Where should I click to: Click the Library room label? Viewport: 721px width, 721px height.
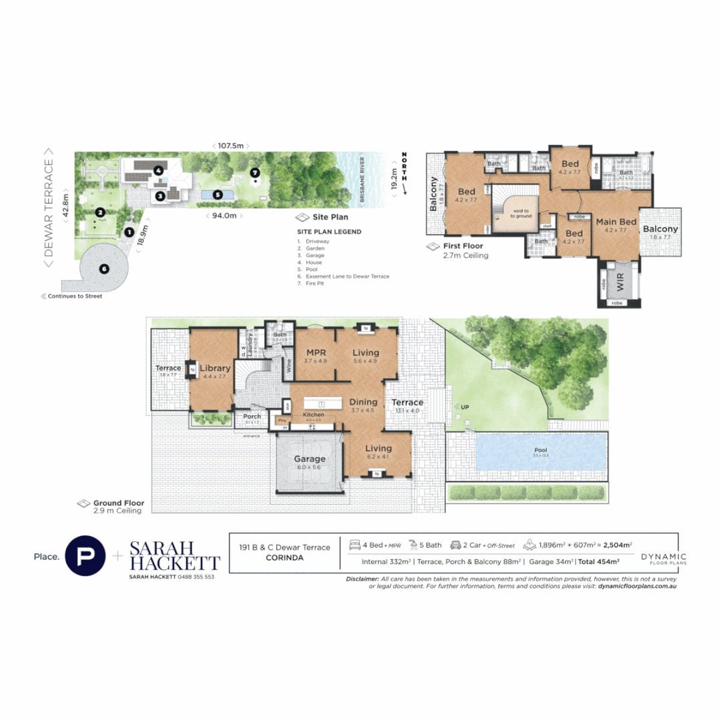216,368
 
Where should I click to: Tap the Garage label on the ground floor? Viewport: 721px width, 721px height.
310,459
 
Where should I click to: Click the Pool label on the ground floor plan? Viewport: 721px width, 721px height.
540,451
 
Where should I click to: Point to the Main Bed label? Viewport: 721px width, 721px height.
615,222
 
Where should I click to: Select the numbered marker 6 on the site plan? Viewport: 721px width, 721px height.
103,269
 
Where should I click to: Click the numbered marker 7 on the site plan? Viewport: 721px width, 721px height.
254,172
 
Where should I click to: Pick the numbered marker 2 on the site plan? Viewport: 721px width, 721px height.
99,212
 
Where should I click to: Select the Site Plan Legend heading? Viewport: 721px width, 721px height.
329,232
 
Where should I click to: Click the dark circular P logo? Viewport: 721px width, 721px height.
85,555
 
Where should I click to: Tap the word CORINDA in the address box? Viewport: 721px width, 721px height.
284,557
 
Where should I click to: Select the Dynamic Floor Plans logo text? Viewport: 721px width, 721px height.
663,558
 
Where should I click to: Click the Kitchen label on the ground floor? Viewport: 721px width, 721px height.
313,415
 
